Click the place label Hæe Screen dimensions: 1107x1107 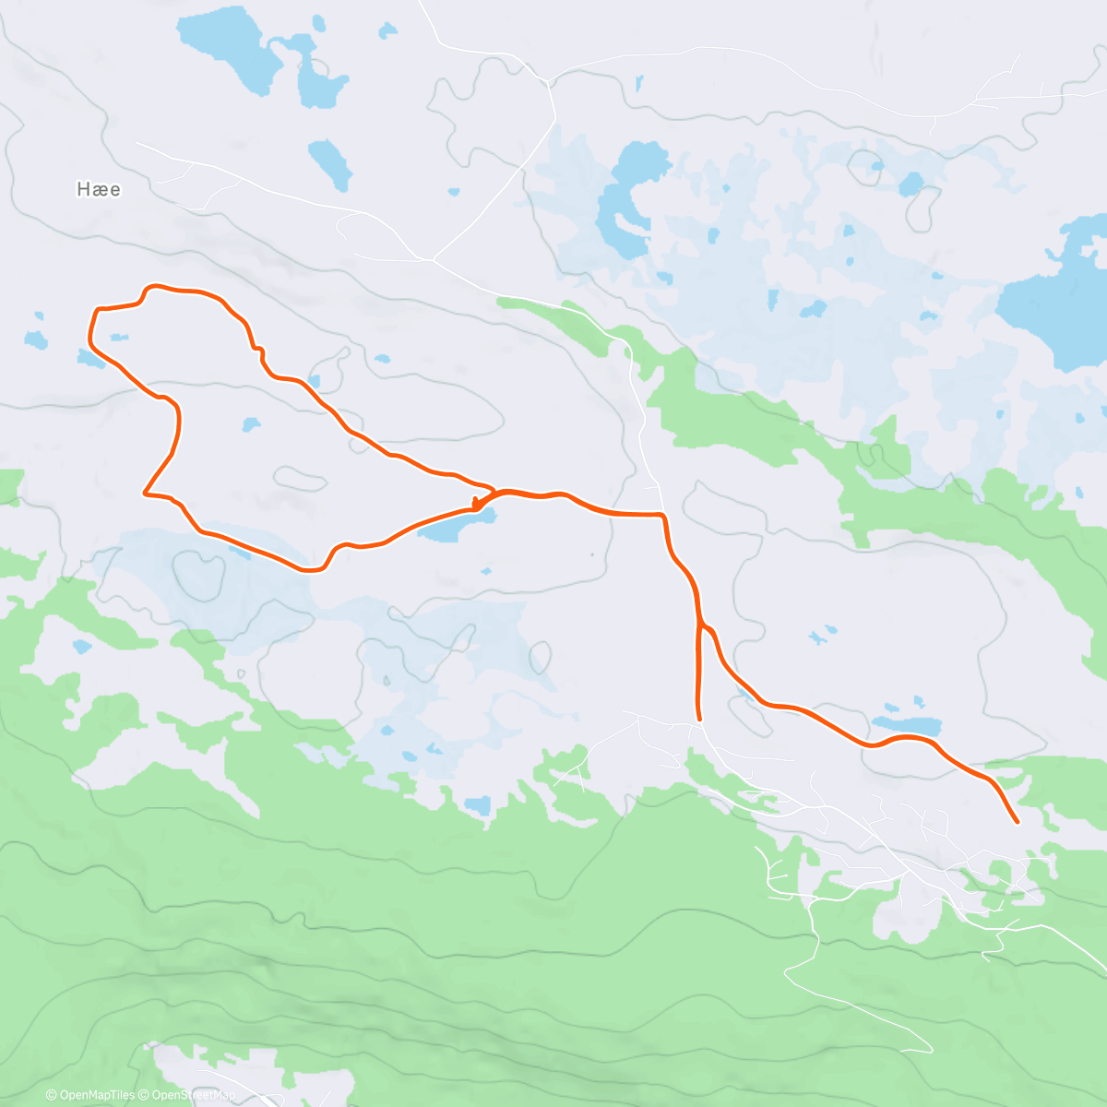point(99,189)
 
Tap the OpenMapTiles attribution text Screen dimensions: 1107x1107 point(97,1095)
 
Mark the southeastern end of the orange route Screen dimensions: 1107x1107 point(1017,821)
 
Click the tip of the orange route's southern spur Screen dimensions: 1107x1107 point(700,718)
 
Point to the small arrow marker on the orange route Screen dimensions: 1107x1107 point(476,504)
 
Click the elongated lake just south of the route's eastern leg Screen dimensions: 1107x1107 point(906,723)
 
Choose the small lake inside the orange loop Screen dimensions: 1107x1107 point(250,424)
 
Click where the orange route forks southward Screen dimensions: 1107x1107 point(700,625)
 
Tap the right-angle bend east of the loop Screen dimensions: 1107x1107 point(661,514)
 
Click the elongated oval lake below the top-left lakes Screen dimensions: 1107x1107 point(329,164)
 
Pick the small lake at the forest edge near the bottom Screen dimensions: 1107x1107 point(478,805)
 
